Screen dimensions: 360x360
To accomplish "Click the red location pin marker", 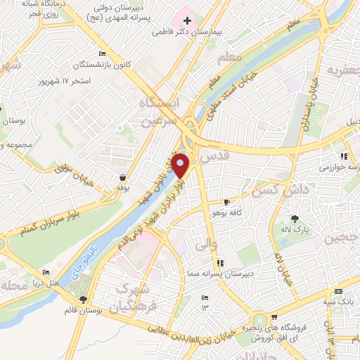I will click(x=181, y=165).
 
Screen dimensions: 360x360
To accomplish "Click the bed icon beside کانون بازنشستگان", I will click(x=103, y=54).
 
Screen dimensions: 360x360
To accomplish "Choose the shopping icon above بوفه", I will click(x=123, y=178).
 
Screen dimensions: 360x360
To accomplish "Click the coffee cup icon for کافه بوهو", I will click(x=226, y=201).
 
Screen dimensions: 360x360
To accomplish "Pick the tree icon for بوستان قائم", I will click(x=83, y=300).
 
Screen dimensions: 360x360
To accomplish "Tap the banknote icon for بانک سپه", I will click(x=339, y=291).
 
